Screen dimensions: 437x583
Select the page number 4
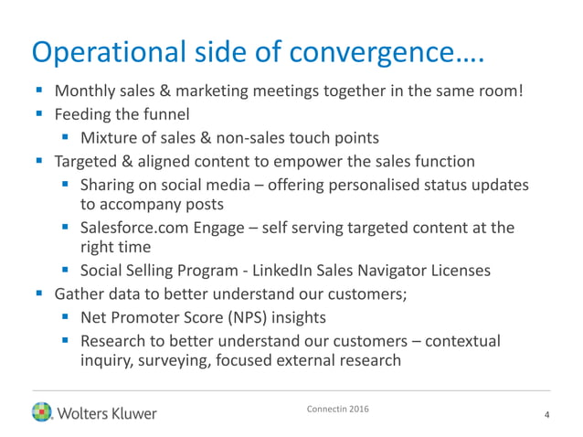click(x=546, y=416)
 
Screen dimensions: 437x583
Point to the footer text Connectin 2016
click(x=339, y=407)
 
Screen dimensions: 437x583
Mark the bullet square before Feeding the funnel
click(x=38, y=114)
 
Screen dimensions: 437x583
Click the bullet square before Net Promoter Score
click(x=65, y=317)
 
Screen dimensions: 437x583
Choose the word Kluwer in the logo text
click(x=130, y=413)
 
